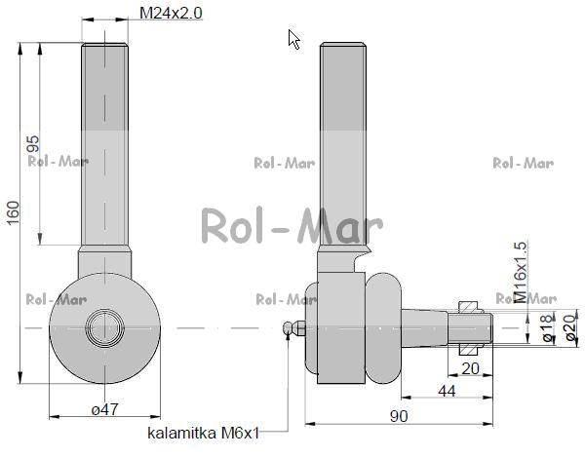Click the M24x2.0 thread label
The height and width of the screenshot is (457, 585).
point(171,13)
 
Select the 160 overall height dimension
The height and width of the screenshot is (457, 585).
point(13,212)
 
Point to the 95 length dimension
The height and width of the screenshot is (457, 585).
point(33,144)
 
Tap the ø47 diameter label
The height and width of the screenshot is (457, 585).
point(105,409)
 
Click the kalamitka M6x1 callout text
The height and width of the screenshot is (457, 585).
point(204,434)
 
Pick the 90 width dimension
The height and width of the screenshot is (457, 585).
point(399,416)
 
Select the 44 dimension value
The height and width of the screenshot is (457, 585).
point(447,391)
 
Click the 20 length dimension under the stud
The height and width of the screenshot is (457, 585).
point(470,368)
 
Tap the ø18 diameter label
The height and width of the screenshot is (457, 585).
point(548,328)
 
